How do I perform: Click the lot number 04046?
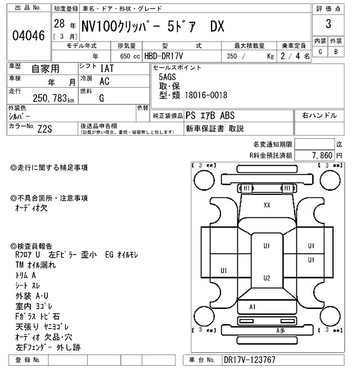[28, 36]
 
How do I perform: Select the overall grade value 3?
[328, 25]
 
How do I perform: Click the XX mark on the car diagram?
[267, 206]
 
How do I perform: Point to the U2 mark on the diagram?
[267, 278]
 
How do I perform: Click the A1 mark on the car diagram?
[253, 307]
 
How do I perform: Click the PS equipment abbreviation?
[191, 115]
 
